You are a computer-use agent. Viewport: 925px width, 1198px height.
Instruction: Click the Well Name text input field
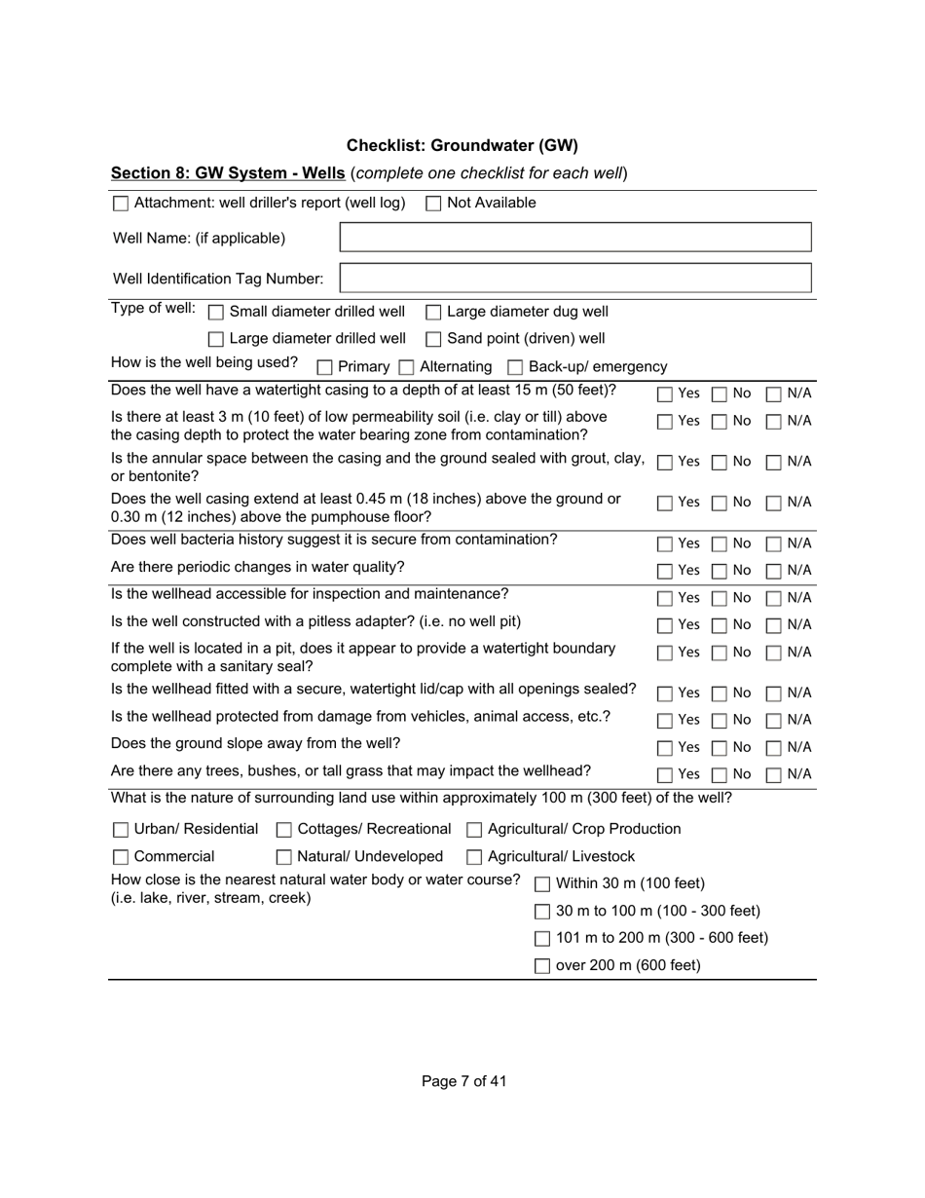574,238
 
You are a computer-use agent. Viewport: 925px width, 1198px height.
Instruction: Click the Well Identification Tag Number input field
574,279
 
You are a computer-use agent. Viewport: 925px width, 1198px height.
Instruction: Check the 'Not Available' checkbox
433,204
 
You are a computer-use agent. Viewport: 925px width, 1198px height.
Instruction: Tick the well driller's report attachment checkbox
121,204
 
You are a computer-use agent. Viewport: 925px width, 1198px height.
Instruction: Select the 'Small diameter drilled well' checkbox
216,313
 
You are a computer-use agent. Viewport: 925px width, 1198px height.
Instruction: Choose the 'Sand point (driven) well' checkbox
433,340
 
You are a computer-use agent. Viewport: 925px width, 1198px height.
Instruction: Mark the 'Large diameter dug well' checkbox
433,313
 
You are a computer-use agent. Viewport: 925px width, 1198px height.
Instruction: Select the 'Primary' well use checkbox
325,367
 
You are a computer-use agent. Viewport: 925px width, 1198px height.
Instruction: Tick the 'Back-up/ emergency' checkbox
516,367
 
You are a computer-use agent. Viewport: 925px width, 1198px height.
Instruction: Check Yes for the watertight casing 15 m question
665,394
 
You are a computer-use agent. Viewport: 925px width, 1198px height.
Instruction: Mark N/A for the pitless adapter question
774,625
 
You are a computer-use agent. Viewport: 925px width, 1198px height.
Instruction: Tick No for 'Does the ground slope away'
720,748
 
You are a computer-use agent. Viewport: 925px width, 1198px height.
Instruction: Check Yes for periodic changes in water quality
665,571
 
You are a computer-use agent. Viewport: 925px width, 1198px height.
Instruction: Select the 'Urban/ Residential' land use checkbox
121,830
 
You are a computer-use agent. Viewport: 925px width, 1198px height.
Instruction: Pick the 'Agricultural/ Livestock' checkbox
474,858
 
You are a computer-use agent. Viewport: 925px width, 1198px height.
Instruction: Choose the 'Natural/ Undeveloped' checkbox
284,858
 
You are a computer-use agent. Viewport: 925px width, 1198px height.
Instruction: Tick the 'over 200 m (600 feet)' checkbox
542,966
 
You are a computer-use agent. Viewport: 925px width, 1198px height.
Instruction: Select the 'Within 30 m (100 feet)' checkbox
542,884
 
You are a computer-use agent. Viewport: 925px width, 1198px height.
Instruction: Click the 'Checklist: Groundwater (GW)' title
462,146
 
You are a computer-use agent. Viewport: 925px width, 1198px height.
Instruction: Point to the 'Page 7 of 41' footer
463,1081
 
